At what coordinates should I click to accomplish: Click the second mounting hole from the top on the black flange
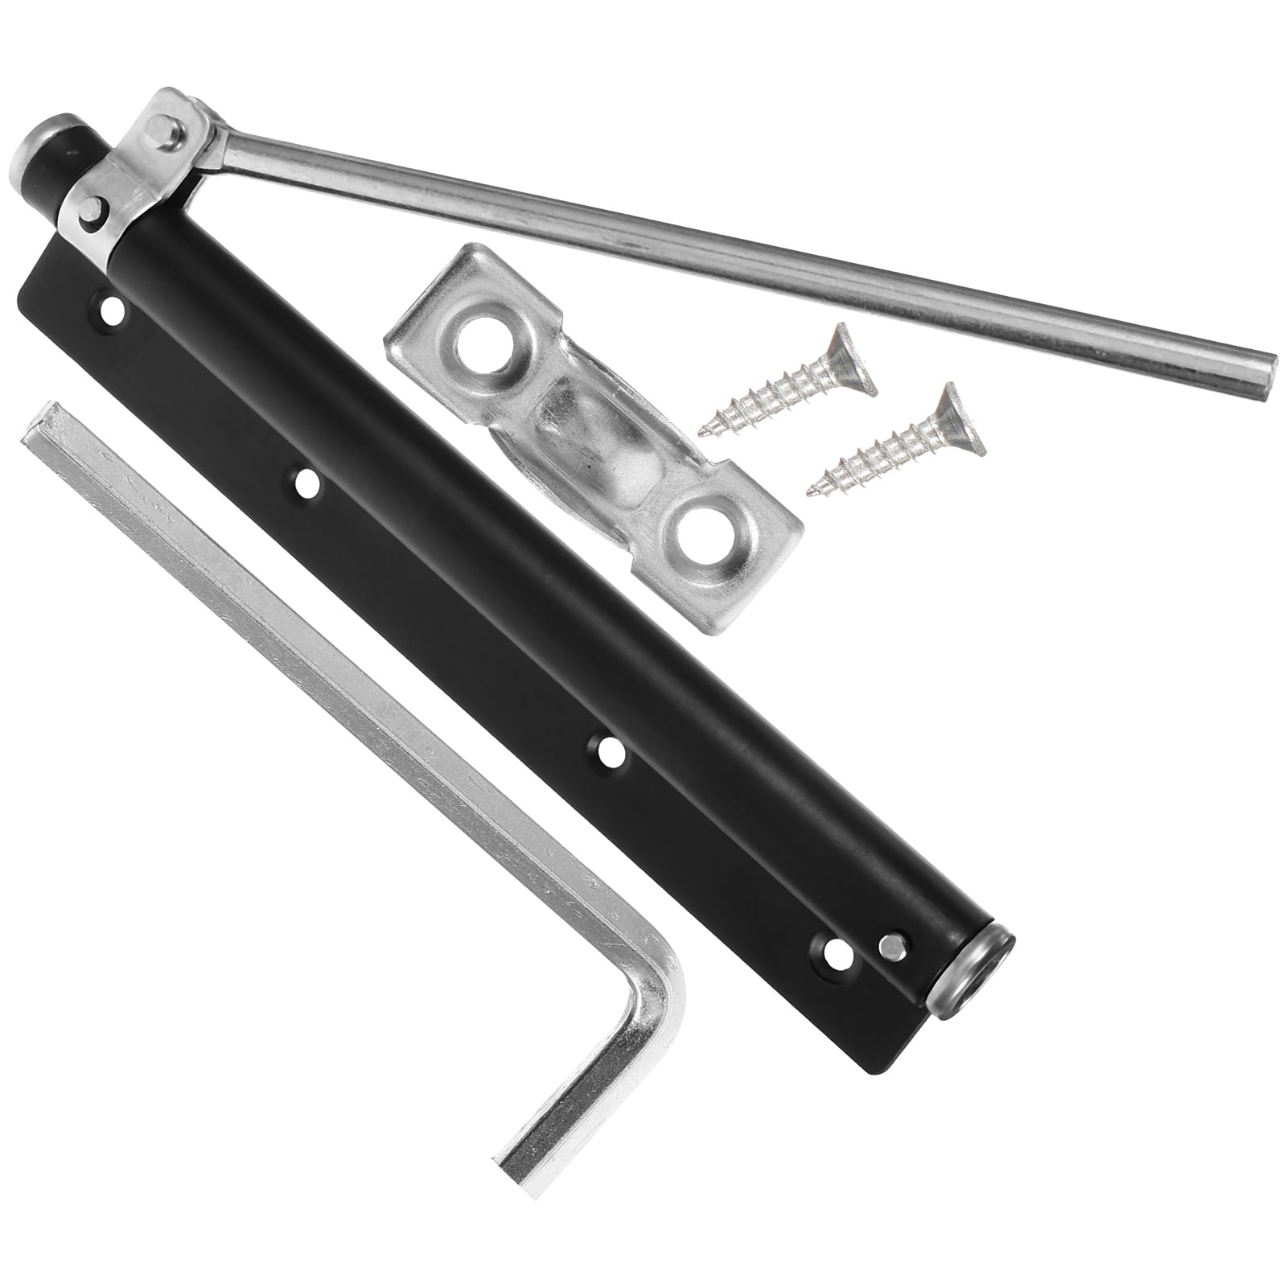point(305,483)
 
